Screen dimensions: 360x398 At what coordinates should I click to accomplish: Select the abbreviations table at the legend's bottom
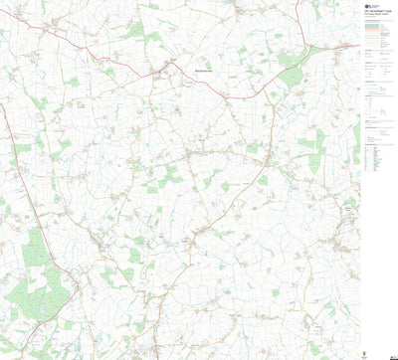[x=373, y=157]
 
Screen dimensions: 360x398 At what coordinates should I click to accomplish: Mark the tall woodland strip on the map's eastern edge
[x=355, y=139]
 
